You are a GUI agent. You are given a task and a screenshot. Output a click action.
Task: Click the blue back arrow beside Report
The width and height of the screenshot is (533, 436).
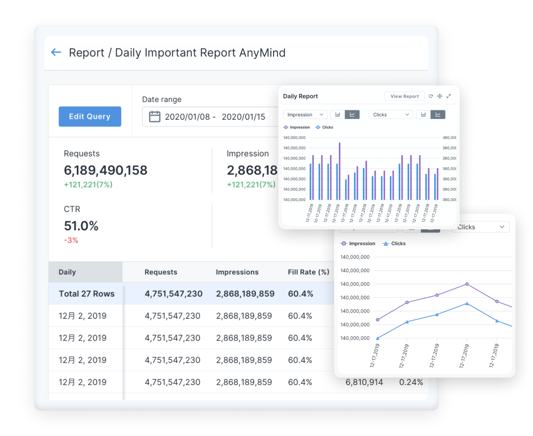click(x=56, y=53)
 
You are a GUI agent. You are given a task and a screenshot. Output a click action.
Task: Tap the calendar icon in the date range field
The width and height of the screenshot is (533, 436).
click(x=154, y=117)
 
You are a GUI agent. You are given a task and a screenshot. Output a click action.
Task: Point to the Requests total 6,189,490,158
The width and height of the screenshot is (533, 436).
click(x=106, y=170)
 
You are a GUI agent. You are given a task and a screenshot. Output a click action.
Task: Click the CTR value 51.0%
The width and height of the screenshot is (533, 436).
click(x=81, y=226)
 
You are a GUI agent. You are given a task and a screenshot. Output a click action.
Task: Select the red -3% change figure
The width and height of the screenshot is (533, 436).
click(x=71, y=240)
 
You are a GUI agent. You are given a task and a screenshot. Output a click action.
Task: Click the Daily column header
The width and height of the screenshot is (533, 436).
click(x=68, y=272)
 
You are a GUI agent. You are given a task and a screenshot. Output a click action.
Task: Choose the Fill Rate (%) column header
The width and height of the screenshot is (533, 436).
click(x=308, y=272)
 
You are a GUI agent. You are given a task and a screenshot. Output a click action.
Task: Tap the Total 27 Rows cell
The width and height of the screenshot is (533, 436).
click(x=87, y=294)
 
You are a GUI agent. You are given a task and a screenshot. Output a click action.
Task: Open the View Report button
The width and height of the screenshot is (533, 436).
click(x=404, y=96)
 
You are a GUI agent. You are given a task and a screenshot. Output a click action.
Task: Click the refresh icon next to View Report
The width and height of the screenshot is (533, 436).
click(x=430, y=96)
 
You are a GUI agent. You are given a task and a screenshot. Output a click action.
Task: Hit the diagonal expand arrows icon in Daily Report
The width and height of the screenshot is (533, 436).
click(x=448, y=96)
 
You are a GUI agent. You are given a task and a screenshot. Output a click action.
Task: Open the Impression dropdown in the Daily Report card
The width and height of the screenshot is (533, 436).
click(x=305, y=115)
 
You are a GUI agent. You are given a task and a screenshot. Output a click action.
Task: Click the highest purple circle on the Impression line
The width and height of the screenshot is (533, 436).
click(x=467, y=284)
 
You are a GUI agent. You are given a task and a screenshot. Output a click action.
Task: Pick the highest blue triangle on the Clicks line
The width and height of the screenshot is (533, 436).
click(x=467, y=303)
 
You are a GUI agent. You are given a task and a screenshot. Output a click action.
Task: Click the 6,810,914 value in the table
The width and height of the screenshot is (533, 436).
click(x=364, y=382)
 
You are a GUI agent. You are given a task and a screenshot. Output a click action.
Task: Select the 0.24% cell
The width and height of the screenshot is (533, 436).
click(x=411, y=382)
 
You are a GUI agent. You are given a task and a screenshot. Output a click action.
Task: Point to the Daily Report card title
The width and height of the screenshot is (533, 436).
click(x=301, y=96)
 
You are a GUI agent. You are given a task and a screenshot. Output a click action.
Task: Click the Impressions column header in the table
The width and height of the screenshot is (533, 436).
click(x=237, y=272)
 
